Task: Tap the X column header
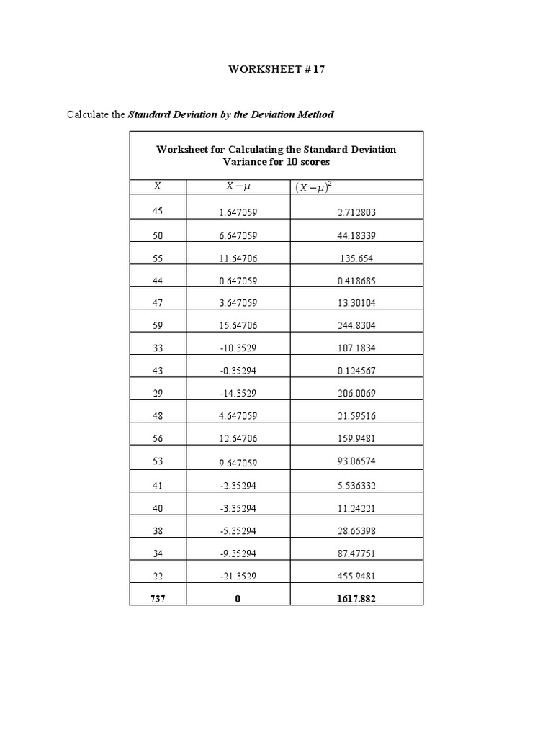pos(158,186)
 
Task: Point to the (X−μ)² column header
pos(317,188)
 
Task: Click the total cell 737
pos(158,598)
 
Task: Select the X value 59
pos(158,325)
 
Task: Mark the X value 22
pos(158,576)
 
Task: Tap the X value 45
pos(158,212)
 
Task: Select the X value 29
pos(158,394)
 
